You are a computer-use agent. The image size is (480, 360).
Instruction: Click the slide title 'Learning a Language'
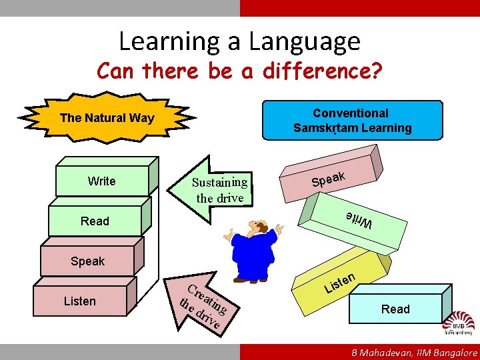point(239,41)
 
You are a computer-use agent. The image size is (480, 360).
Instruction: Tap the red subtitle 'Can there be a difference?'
point(239,70)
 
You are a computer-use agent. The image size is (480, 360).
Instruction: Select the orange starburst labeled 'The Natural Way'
point(107,119)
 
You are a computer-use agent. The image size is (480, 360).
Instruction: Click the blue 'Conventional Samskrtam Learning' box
point(352,120)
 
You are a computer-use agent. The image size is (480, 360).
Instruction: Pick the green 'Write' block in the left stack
point(101,181)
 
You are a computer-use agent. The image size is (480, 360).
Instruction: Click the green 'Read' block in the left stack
point(95,221)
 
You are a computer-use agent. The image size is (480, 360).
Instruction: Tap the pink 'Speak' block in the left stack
point(87,261)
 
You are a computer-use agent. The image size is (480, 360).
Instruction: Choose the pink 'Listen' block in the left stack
point(79,301)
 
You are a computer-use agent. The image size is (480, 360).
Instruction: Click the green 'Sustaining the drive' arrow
point(213,189)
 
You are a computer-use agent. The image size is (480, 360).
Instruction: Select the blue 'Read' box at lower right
point(395,309)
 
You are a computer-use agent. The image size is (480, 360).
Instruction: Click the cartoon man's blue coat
point(253,254)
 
